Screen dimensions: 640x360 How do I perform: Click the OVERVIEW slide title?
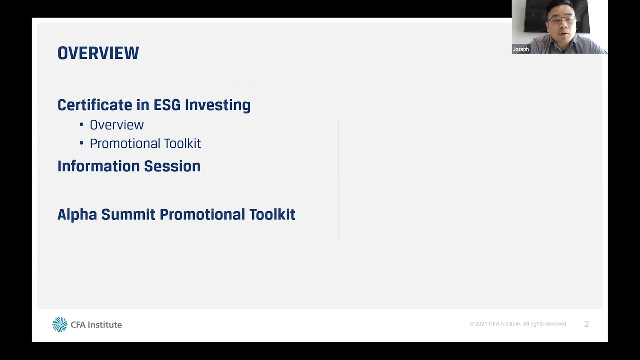coord(98,53)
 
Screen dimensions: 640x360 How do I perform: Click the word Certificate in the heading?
coord(95,105)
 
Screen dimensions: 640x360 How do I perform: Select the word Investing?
coord(217,105)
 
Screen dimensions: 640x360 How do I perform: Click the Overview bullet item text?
coord(117,125)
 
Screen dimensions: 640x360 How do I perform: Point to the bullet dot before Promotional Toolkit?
coord(81,143)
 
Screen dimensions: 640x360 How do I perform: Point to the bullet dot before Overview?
coord(81,125)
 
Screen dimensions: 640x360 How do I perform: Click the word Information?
coord(99,166)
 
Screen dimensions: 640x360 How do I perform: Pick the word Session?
coord(172,166)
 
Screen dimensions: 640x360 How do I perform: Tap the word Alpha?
coord(77,215)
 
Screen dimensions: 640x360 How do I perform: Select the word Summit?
coord(128,215)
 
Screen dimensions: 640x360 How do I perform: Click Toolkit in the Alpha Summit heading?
coord(272,215)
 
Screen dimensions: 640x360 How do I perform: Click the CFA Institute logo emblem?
coord(60,324)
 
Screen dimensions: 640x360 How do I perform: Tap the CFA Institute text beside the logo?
coord(96,325)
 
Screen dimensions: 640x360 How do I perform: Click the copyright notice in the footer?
coord(518,324)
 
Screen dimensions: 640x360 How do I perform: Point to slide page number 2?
coord(587,324)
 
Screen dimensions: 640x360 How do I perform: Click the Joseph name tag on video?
coord(521,49)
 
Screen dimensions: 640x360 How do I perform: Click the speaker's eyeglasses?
coord(561,20)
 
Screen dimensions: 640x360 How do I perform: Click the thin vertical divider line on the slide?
coord(339,180)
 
